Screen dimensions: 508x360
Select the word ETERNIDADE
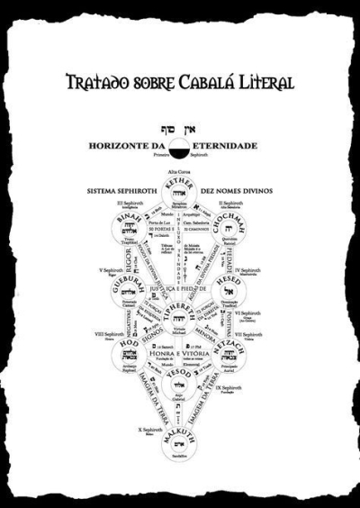click(x=223, y=145)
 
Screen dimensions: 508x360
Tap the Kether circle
click(x=180, y=192)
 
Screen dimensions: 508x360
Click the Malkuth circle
click(x=180, y=444)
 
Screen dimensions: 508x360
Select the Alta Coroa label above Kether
click(x=180, y=170)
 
